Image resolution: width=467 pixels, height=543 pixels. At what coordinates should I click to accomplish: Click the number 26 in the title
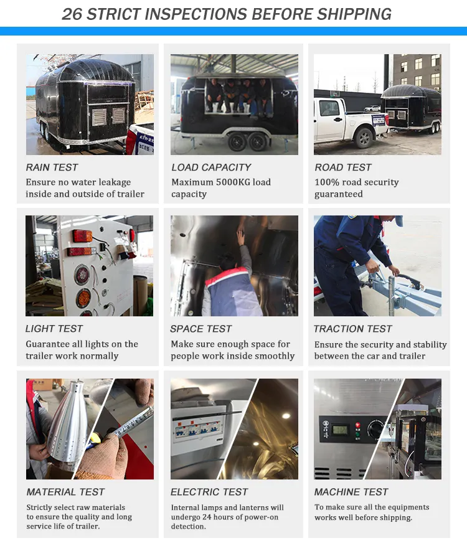coord(72,13)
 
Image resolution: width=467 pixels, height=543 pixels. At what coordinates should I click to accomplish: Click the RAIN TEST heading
coord(52,167)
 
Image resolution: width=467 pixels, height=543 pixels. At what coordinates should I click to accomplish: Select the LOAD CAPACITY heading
coord(211,167)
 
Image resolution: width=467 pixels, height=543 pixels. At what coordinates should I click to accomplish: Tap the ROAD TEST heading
coord(342,167)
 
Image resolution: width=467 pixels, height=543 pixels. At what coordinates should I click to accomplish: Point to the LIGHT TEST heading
coord(54,328)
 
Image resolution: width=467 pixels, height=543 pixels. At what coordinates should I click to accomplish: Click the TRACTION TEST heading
coord(352,328)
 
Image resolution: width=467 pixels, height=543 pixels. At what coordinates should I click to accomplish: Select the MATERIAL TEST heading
coord(65,492)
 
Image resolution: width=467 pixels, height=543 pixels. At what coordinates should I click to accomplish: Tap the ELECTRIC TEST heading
coord(209,492)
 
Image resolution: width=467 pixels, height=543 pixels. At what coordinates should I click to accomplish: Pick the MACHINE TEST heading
coord(351,492)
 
